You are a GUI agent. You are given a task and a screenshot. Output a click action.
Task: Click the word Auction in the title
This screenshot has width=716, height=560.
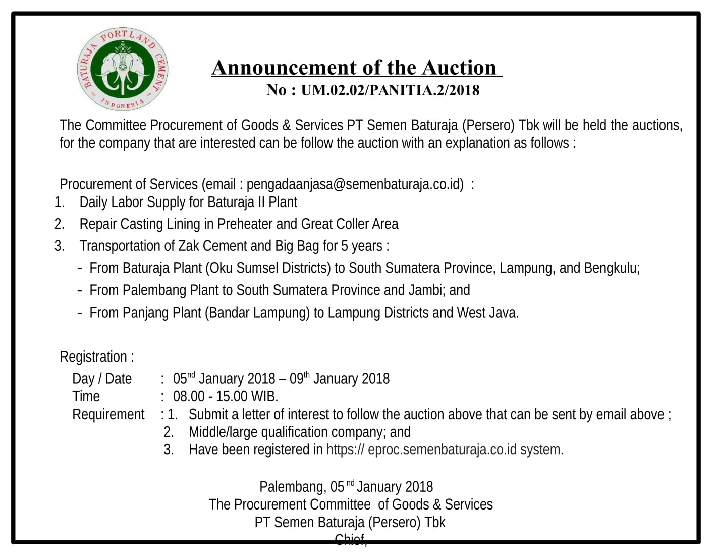[x=459, y=68]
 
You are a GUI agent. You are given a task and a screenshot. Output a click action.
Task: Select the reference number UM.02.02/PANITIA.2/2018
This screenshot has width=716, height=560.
[x=390, y=90]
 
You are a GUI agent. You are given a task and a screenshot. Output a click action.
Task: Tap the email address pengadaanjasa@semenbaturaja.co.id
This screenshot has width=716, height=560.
[x=355, y=184]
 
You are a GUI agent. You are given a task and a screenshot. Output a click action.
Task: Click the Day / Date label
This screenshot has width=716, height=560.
[x=102, y=379]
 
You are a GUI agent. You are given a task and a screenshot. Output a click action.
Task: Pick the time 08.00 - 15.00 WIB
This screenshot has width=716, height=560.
[x=225, y=396]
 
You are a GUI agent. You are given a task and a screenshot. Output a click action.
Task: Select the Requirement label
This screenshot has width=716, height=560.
[x=108, y=415]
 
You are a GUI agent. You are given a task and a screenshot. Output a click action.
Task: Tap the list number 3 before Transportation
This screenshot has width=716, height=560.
[x=59, y=246]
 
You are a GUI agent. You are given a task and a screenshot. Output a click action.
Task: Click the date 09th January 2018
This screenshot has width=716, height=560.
[x=339, y=379]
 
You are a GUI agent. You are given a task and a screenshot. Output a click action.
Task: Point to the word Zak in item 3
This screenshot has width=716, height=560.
[x=189, y=246]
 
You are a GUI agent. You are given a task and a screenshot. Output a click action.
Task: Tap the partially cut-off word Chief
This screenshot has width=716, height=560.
[x=350, y=539]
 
